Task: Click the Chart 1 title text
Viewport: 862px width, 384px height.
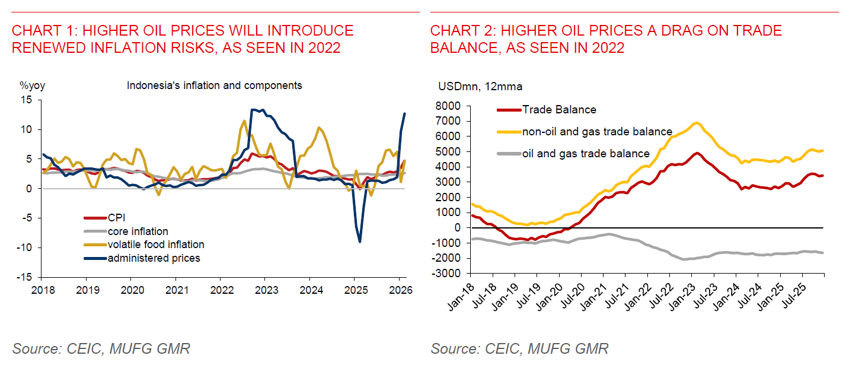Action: point(183,39)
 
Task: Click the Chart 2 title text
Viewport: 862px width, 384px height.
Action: point(606,39)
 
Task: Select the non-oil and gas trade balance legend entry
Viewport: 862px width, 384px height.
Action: point(596,132)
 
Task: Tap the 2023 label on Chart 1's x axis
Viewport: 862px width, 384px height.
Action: point(264,290)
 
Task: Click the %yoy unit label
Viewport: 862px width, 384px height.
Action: point(33,85)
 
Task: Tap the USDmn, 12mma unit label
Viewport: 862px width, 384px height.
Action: point(480,87)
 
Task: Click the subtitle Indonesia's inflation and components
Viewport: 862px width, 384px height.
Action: point(215,85)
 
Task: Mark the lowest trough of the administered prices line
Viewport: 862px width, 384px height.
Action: point(360,242)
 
